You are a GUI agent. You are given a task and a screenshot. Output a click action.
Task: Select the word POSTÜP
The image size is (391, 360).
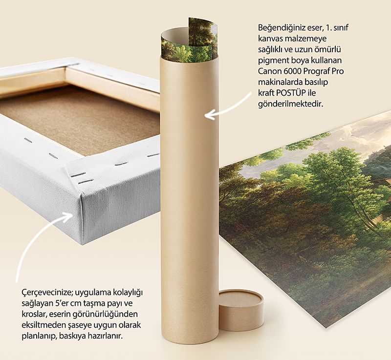click(x=291, y=93)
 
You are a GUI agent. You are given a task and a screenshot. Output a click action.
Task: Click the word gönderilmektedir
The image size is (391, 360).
click(x=290, y=104)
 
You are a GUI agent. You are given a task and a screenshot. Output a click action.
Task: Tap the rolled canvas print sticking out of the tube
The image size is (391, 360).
click(x=190, y=41)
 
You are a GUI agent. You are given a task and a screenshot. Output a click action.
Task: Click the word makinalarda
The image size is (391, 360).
click(x=280, y=82)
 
